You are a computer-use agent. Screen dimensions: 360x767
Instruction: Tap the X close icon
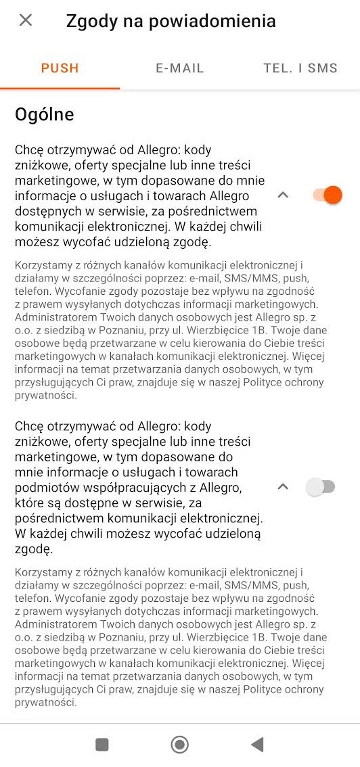[x=26, y=20]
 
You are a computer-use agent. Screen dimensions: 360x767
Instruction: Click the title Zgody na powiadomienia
[x=171, y=21]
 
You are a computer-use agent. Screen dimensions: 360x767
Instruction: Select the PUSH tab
[x=60, y=68]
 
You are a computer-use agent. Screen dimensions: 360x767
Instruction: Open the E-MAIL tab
[x=179, y=68]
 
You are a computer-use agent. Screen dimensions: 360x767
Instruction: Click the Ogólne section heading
[x=45, y=114]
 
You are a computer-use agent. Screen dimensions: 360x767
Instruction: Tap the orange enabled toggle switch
[x=328, y=195]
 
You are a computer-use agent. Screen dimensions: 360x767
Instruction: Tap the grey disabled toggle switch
[x=320, y=487]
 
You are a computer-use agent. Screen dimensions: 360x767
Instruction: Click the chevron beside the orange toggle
[x=284, y=195]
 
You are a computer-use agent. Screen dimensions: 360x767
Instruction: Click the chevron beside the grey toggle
[x=284, y=487]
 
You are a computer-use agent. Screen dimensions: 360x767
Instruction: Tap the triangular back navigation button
[x=257, y=745]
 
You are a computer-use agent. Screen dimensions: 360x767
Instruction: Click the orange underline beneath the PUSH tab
[x=60, y=88]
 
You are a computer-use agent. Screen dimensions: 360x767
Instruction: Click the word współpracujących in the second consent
[x=140, y=488]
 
